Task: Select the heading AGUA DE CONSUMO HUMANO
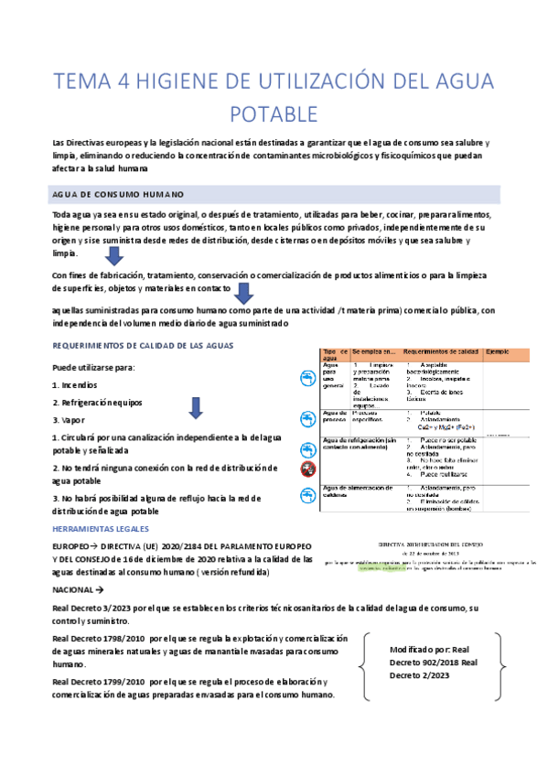tap(119, 195)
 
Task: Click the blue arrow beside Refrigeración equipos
tap(195, 406)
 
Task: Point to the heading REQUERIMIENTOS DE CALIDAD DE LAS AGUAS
tap(143, 345)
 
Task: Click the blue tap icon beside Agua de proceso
tap(308, 419)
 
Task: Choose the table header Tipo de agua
tap(334, 354)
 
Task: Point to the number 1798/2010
tap(117, 638)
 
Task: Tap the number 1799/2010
tap(117, 682)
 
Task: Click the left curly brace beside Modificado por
tap(366, 663)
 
